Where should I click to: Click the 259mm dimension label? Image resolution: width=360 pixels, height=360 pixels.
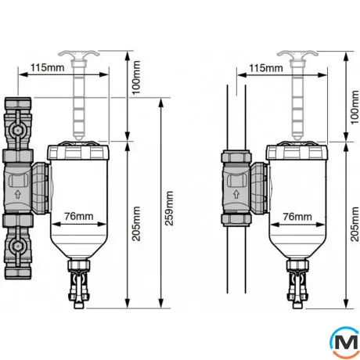tap(169, 208)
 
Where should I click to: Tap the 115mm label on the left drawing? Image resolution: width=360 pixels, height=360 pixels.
tap(48, 67)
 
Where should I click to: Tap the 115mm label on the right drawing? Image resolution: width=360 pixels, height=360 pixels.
tap(266, 68)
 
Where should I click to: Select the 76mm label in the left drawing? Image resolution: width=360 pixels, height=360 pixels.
tap(79, 216)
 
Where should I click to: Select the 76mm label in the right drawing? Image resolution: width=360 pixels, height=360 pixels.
tap(297, 217)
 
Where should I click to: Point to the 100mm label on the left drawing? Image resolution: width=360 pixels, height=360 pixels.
tap(136, 77)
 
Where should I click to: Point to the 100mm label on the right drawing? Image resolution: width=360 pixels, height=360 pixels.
tap(355, 107)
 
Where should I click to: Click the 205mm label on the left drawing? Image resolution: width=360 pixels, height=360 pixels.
tap(136, 224)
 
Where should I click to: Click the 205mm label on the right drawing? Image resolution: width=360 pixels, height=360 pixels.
tap(355, 224)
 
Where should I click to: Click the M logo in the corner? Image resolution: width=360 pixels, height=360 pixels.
tap(344, 342)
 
